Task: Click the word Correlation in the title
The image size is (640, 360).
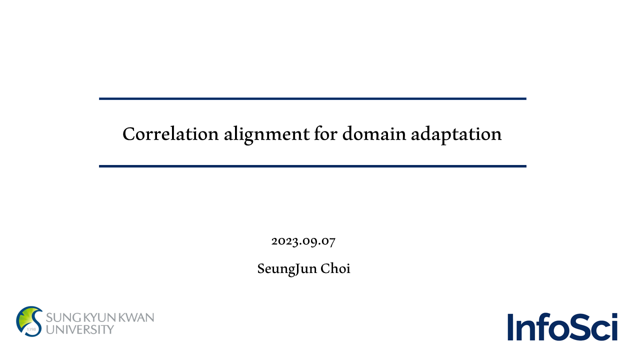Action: [x=170, y=133]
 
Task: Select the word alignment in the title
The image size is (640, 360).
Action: [x=266, y=135]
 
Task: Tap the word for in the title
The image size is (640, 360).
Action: [x=325, y=133]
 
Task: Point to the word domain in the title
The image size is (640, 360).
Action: [x=374, y=133]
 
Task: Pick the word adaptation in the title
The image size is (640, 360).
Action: [x=456, y=135]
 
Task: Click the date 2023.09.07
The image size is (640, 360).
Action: [x=303, y=241]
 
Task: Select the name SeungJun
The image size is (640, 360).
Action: [x=287, y=269]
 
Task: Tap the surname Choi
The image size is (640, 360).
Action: [x=335, y=268]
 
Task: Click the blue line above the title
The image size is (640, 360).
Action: [x=312, y=99]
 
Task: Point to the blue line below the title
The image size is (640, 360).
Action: [x=312, y=166]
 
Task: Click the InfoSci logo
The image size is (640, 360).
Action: [x=562, y=327]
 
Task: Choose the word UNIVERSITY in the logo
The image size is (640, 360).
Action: [x=80, y=329]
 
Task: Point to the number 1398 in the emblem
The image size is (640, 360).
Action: [x=31, y=329]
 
